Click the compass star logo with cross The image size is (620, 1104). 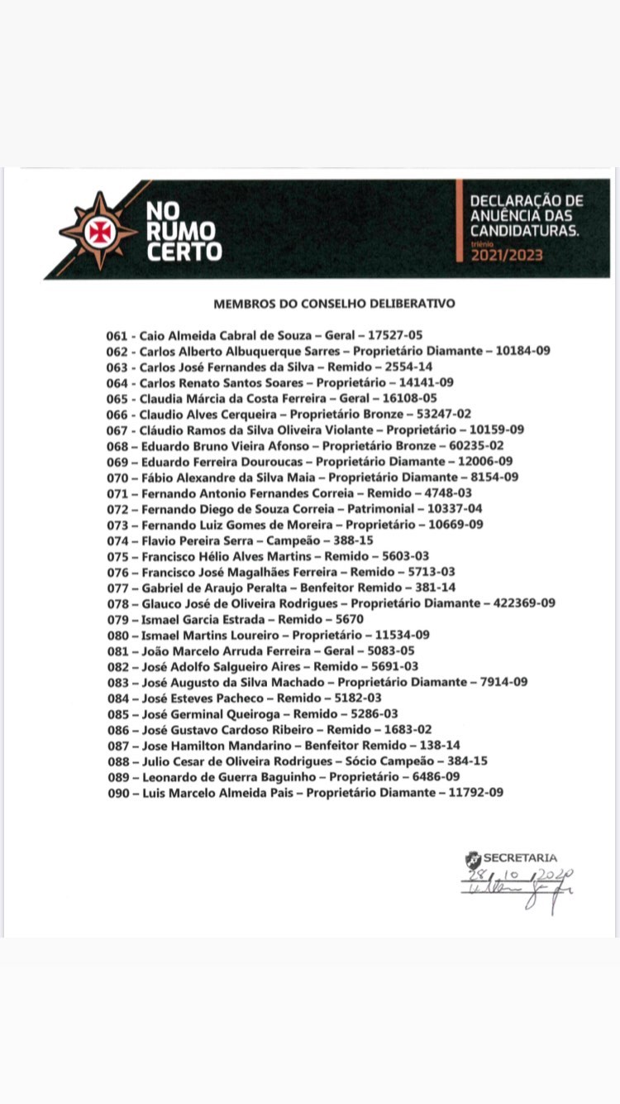coord(98,230)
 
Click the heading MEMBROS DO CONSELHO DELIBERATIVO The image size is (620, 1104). coord(334,304)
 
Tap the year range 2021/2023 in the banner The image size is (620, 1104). coord(507,255)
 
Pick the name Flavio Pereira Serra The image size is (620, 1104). coord(193,540)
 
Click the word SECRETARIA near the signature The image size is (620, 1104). coord(520,858)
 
